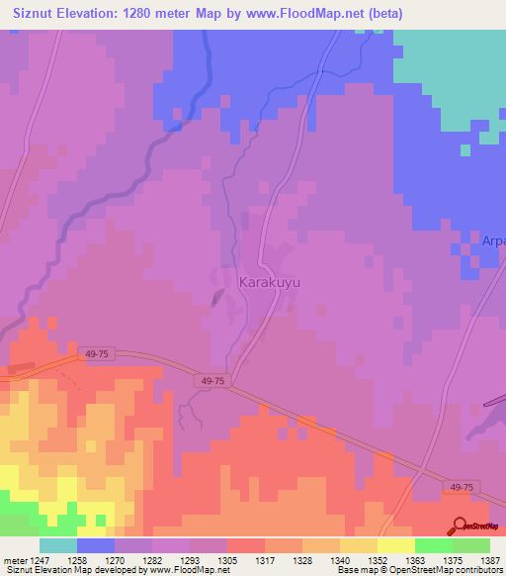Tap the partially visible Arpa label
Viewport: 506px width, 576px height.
493,240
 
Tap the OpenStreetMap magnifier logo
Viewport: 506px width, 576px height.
460,526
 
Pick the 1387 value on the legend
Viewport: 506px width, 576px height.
489,559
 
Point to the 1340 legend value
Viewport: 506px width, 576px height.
339,559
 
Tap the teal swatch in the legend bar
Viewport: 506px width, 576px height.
58,545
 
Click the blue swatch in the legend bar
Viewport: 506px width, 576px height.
96,545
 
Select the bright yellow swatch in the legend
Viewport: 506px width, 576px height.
396,545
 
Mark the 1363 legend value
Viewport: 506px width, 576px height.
414,559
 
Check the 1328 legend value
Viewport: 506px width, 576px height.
301,559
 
